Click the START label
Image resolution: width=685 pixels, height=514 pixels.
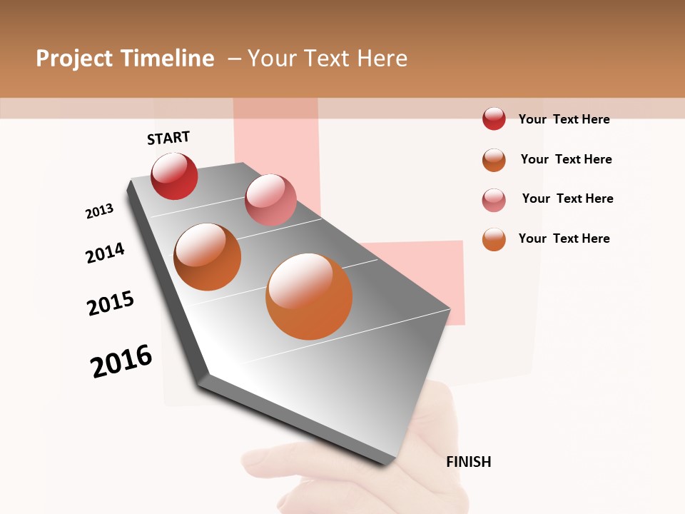pos(168,138)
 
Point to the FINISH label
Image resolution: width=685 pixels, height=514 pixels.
pos(469,462)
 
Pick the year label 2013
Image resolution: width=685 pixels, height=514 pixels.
pos(99,211)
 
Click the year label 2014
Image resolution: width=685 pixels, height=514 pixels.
pos(105,253)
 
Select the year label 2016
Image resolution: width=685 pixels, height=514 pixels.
pos(121,361)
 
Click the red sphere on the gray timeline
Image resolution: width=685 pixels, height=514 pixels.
pos(174,176)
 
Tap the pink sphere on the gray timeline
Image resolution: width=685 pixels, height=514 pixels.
pos(270,200)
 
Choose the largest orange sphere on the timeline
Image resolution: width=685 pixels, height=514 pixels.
pos(309,296)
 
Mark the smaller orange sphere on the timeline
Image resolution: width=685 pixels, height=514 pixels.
pos(207,257)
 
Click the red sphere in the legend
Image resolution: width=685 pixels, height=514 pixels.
pos(494,119)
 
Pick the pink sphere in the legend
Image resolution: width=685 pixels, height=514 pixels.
pos(494,200)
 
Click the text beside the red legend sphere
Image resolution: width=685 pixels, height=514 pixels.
pos(564,119)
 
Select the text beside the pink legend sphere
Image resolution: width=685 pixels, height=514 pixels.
pos(567,198)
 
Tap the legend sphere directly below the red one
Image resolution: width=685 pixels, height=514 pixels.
pos(494,160)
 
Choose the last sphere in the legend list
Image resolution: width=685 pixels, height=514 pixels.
pos(494,239)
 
